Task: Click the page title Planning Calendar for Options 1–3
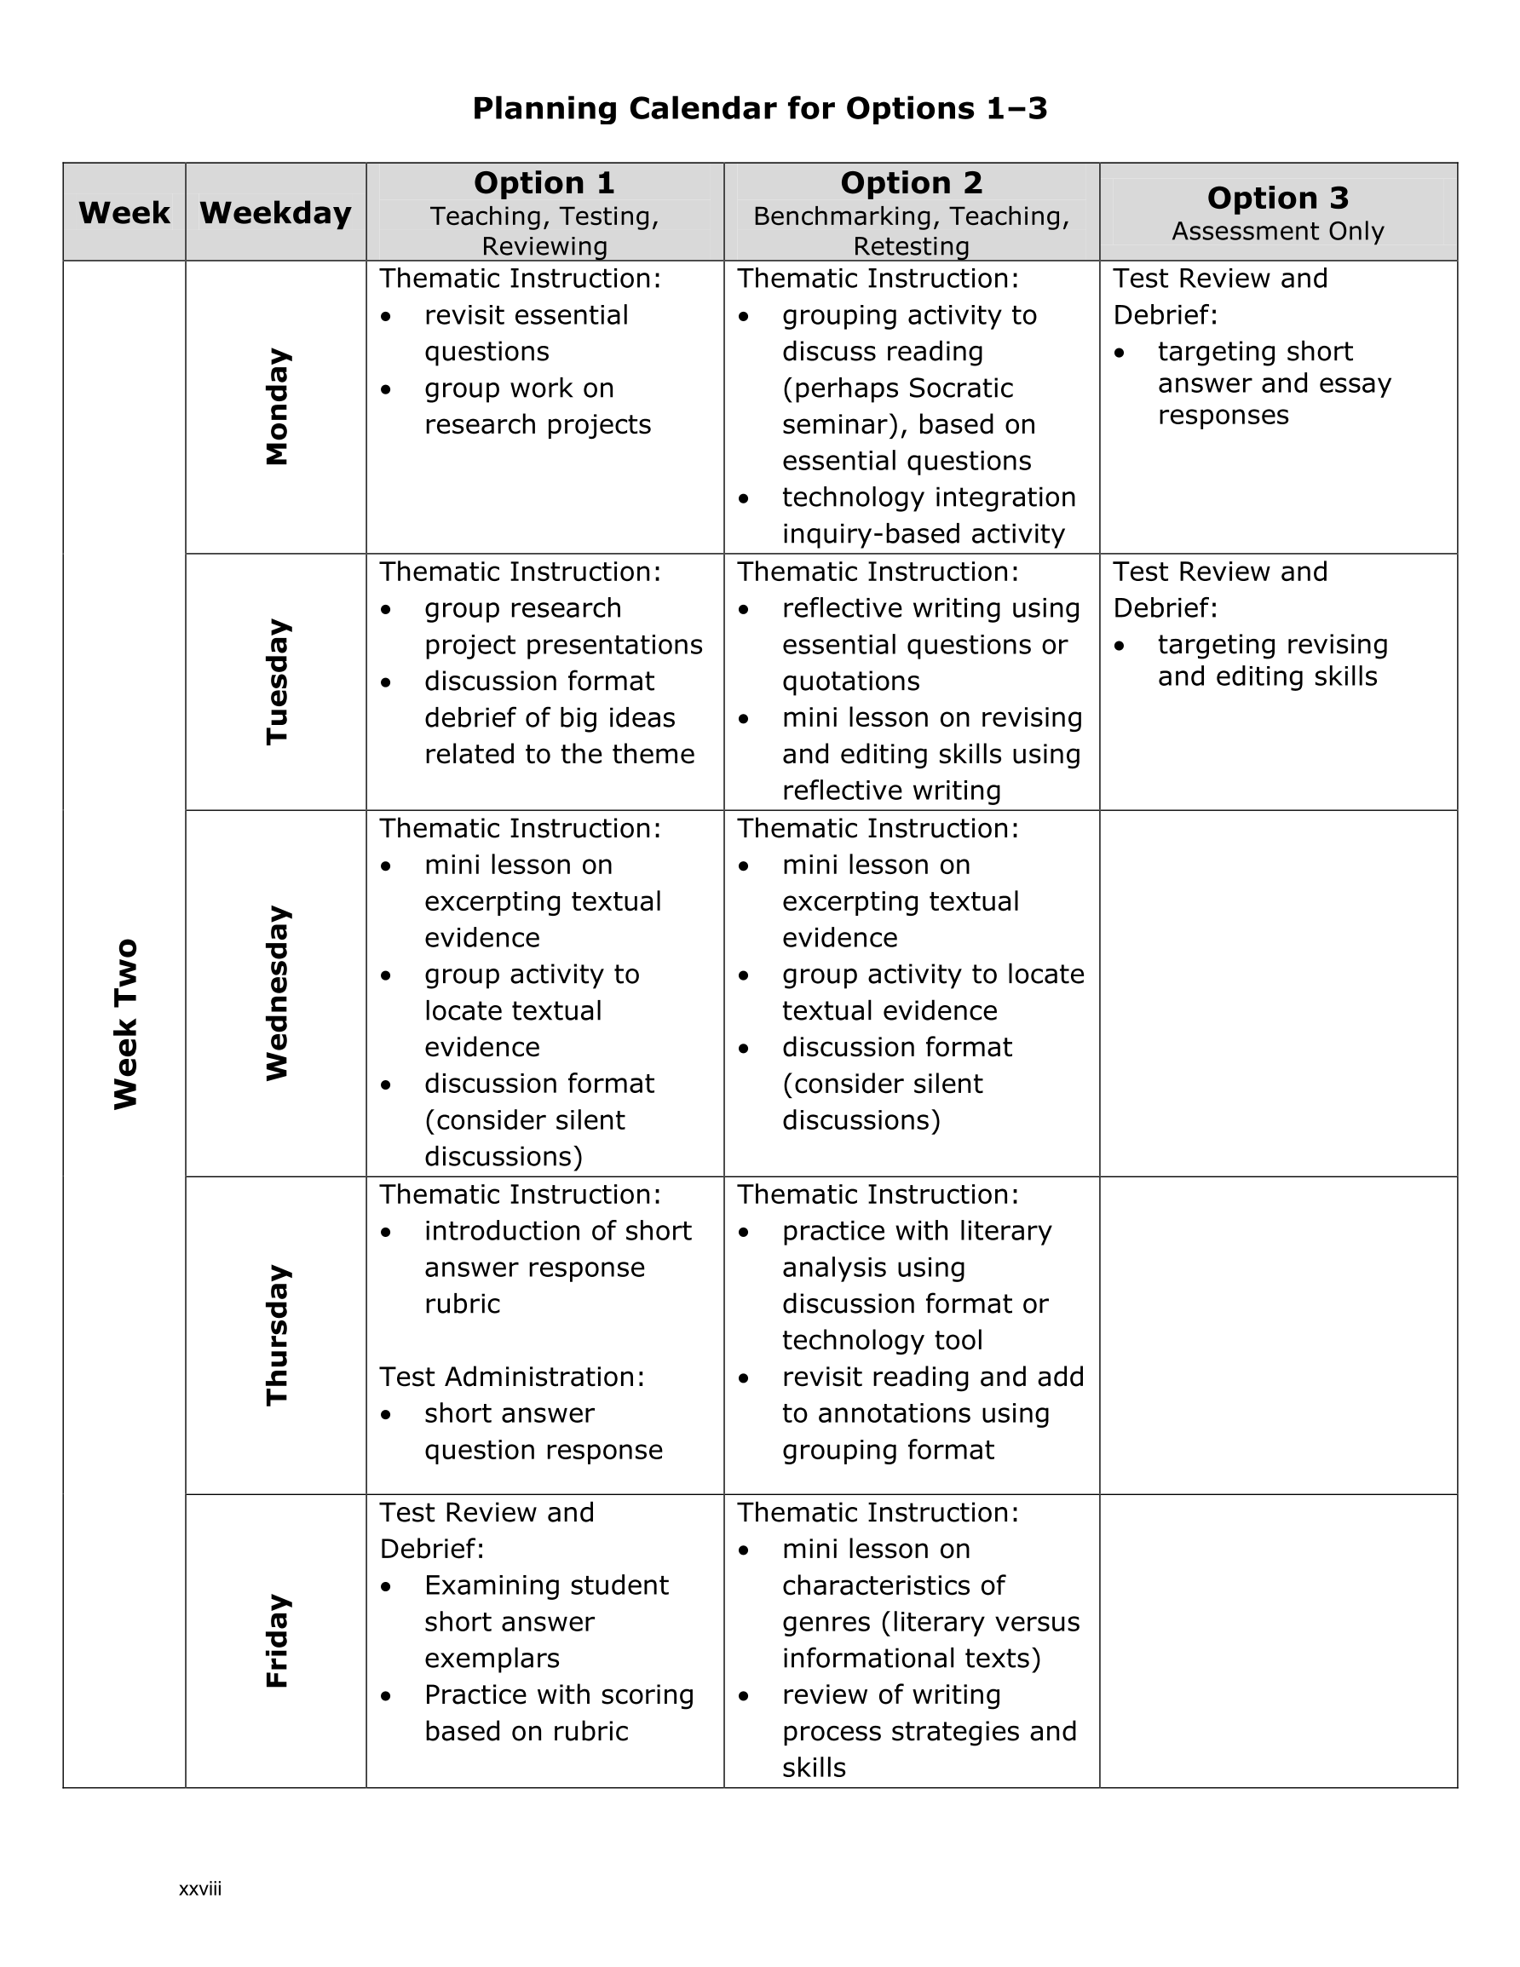[759, 109]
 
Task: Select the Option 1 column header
[544, 183]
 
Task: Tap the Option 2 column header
[911, 183]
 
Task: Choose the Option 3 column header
[1278, 198]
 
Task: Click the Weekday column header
[275, 214]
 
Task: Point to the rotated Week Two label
[125, 1024]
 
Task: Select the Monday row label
[277, 407]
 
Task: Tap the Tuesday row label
[277, 682]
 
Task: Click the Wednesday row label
[277, 993]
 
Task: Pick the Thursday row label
[277, 1335]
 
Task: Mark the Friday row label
[277, 1641]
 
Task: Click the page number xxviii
[200, 1889]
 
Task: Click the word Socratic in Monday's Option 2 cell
[960, 388]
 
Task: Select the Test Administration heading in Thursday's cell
[512, 1377]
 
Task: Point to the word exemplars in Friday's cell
[492, 1658]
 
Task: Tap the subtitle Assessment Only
[1278, 232]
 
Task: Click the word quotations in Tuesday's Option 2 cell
[850, 682]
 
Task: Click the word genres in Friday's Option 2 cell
[826, 1622]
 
